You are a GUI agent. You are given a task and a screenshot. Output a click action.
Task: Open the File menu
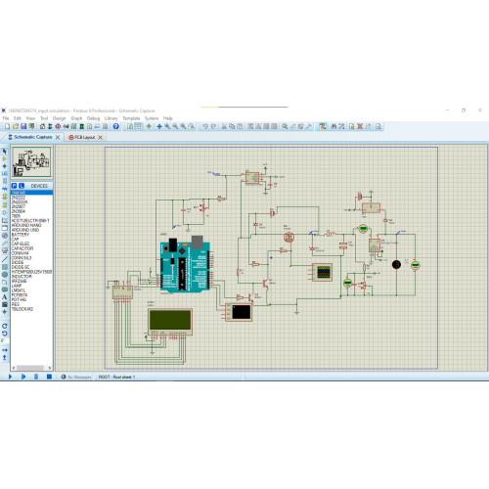point(6,118)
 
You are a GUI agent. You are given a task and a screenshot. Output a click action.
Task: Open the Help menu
point(167,118)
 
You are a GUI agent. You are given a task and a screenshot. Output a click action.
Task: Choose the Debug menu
point(93,118)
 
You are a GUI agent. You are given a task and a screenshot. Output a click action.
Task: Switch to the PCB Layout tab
point(84,138)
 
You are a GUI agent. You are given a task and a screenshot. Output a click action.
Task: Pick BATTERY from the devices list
point(21,235)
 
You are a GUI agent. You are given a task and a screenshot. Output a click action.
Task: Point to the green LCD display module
point(170,321)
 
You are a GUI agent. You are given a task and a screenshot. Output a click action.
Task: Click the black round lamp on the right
point(395,264)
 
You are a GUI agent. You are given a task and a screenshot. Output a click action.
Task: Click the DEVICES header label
point(39,185)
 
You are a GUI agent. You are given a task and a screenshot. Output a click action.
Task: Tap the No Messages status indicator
point(78,377)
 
